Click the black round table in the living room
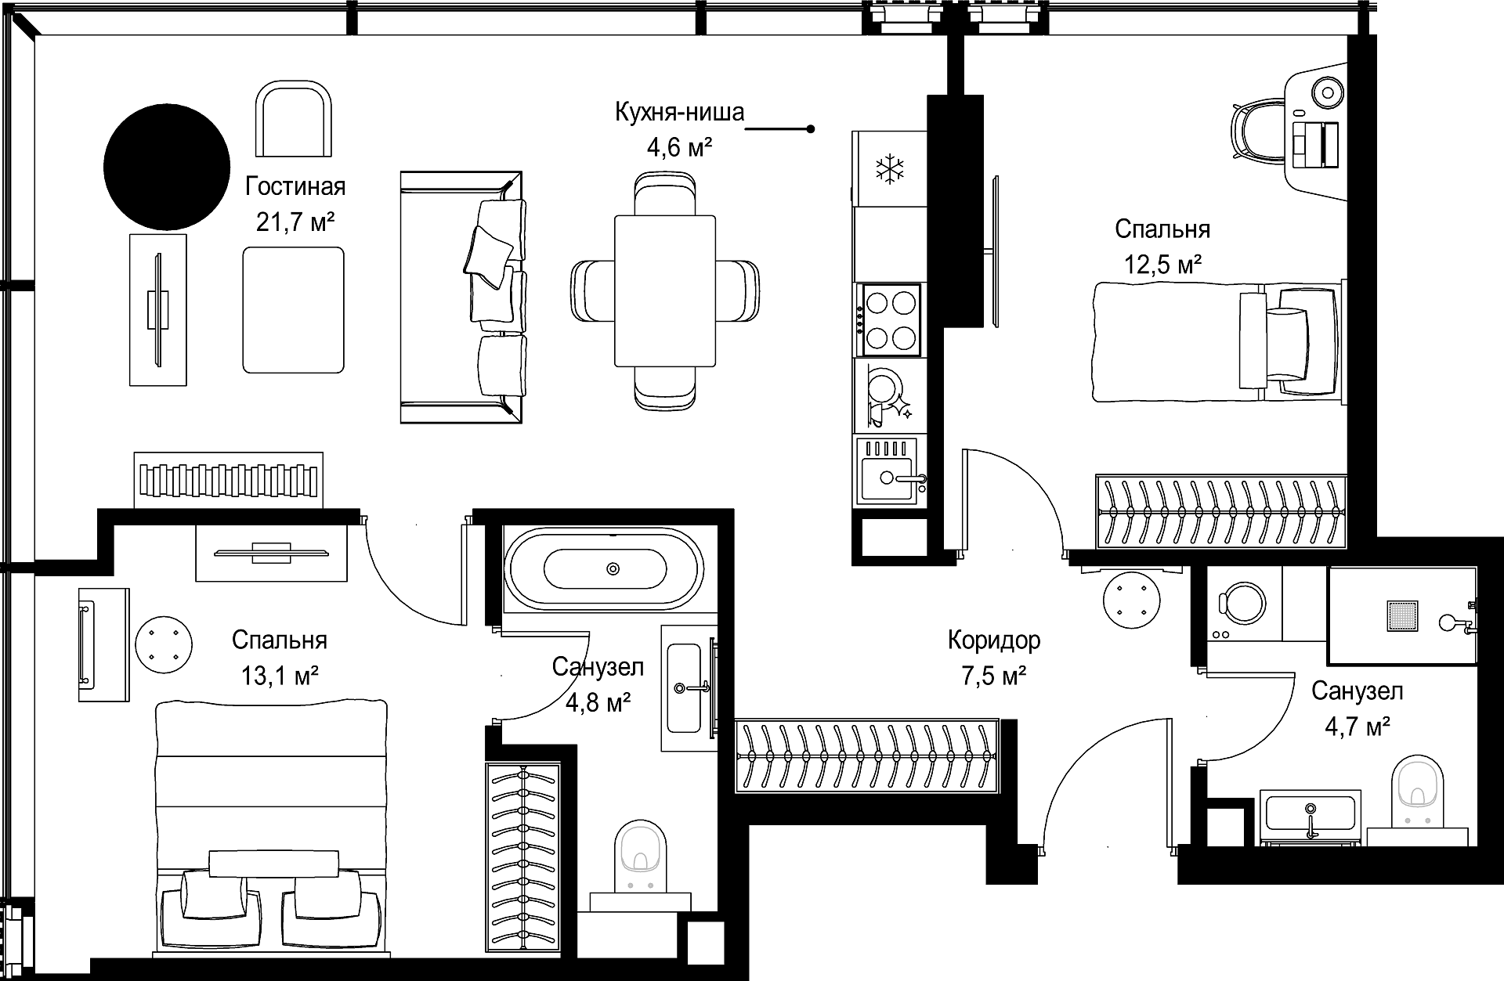point(167,167)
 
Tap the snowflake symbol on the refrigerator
point(889,168)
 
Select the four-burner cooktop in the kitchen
point(891,319)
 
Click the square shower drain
point(1402,615)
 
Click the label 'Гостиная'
point(295,187)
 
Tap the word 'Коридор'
point(994,640)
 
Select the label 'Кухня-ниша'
point(679,113)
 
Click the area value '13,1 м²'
point(279,676)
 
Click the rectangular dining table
point(665,290)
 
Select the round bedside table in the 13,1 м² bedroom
point(164,645)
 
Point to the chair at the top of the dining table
point(665,193)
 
